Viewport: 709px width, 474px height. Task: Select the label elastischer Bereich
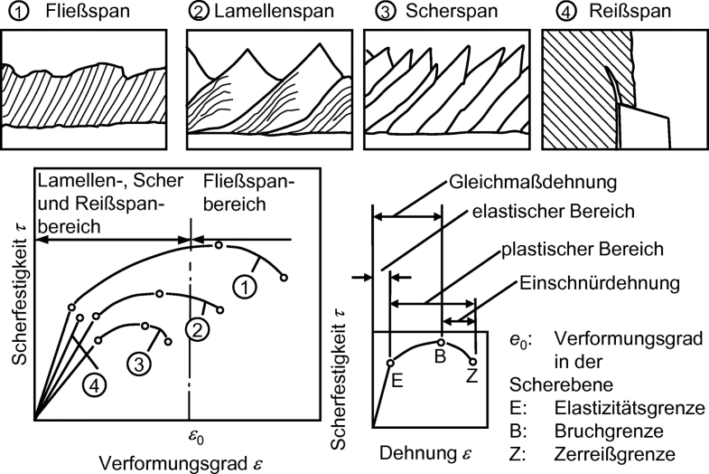543,212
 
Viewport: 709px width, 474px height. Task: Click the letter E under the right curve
395,381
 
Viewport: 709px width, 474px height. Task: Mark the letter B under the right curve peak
440,356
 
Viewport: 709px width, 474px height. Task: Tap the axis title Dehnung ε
424,450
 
